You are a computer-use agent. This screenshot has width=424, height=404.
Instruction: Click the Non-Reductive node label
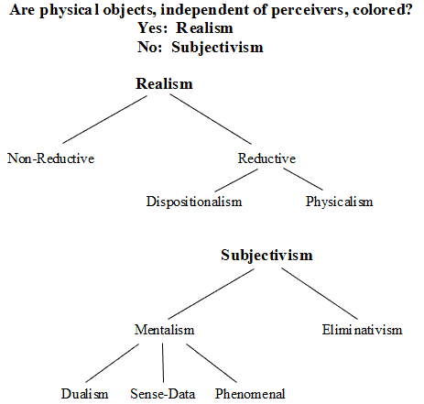(x=51, y=158)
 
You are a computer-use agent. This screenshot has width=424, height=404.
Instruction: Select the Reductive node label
(x=266, y=158)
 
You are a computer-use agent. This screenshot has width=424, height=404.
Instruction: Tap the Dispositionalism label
(x=194, y=202)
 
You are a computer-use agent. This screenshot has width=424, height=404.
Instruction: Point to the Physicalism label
(x=340, y=202)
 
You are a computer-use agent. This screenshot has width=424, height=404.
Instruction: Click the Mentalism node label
(x=165, y=330)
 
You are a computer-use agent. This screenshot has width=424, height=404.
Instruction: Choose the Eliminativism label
(x=362, y=330)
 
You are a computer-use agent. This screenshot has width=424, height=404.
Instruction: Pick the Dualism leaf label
(x=84, y=394)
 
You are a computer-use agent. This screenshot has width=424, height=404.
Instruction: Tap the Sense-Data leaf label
(x=163, y=394)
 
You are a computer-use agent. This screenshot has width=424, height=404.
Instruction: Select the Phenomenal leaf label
(x=250, y=394)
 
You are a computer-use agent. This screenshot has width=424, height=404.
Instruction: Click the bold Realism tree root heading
(x=164, y=83)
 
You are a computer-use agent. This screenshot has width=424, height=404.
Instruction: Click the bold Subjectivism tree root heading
(x=266, y=256)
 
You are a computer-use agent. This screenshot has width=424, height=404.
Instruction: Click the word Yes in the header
(x=151, y=27)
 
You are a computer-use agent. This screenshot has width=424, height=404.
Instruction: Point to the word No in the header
(x=147, y=47)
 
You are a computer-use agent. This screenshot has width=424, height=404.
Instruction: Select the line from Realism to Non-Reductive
(x=104, y=119)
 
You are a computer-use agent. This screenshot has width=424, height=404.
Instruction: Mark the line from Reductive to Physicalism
(x=303, y=180)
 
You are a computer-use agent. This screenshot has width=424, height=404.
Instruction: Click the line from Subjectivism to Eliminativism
(x=320, y=294)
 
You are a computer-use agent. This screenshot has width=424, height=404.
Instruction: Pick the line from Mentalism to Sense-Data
(x=163, y=363)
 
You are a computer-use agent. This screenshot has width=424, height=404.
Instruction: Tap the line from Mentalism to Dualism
(x=112, y=363)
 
